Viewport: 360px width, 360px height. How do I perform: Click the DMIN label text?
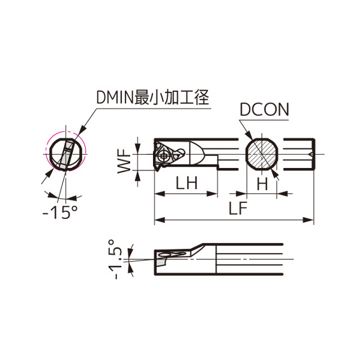[115, 97]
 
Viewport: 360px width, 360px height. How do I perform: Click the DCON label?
[264, 110]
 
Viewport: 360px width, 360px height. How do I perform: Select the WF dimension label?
[124, 161]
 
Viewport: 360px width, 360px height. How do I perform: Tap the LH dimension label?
[187, 183]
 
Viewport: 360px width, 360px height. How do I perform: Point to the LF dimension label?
[238, 208]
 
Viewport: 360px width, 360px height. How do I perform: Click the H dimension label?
[262, 184]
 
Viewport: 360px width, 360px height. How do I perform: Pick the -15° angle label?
[60, 212]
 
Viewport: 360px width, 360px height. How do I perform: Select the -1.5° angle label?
[115, 259]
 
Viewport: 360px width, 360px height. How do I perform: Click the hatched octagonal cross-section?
[262, 154]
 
